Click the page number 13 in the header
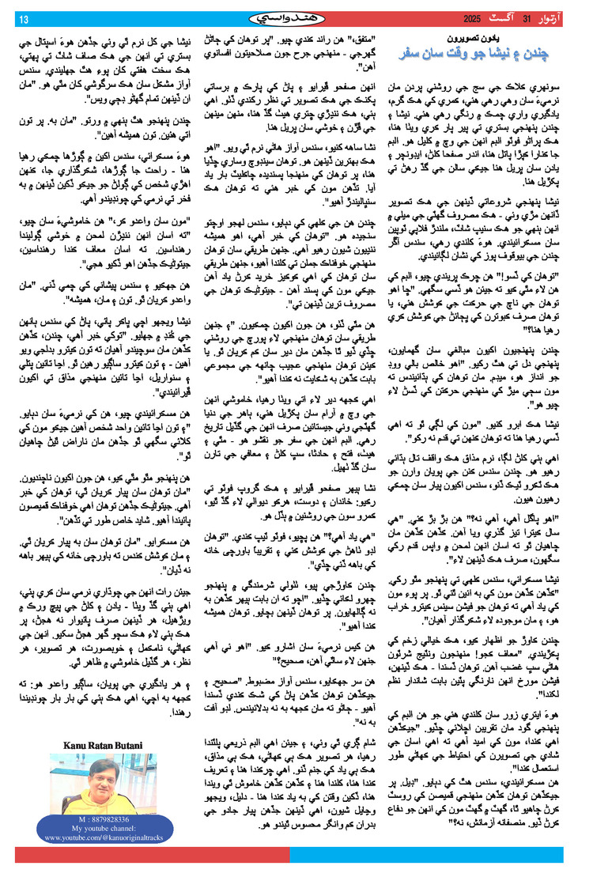point(24,19)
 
